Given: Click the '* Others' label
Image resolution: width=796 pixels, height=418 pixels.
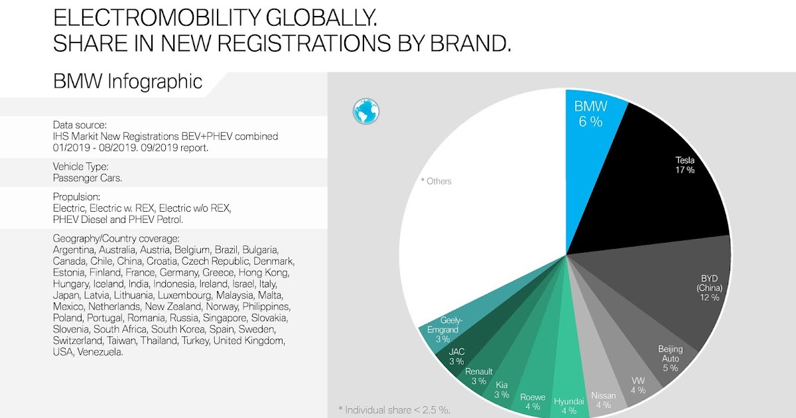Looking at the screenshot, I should point(436,181).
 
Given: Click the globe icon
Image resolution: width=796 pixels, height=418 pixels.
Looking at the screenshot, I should point(365,111).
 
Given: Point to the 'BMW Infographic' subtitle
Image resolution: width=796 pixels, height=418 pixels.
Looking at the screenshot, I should point(127,82).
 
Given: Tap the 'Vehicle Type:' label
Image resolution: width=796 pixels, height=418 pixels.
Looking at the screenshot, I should point(80,167).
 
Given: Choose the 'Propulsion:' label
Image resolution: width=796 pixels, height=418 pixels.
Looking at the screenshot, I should point(76,197).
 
